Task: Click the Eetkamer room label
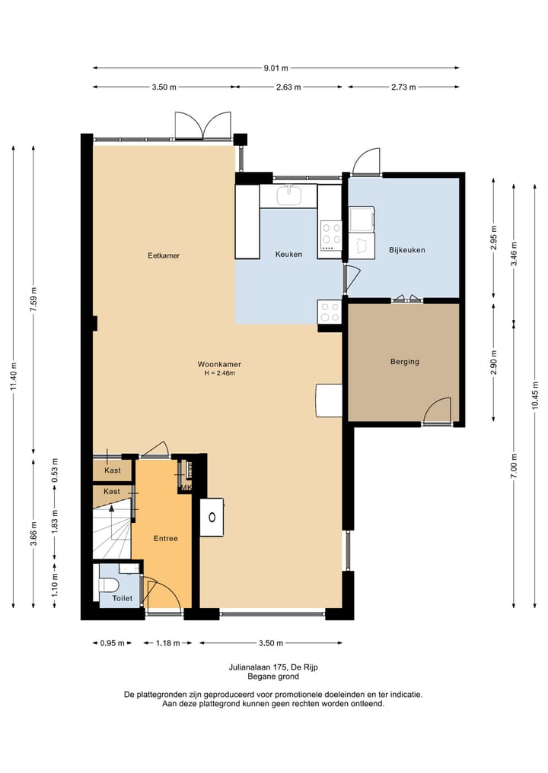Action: [x=164, y=255]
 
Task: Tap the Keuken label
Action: [x=288, y=255]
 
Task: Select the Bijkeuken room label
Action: [x=406, y=250]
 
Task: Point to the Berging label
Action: [x=405, y=361]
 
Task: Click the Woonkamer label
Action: [x=219, y=364]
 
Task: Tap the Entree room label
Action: [x=165, y=538]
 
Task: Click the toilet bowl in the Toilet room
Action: [x=109, y=585]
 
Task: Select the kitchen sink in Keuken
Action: [x=288, y=195]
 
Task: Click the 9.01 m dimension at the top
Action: [x=276, y=68]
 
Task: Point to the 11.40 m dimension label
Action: [x=14, y=377]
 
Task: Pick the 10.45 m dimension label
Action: [x=535, y=395]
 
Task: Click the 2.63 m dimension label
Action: [x=288, y=87]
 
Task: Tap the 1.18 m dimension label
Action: [x=168, y=643]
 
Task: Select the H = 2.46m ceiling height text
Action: [x=220, y=373]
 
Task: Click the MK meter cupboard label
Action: [x=186, y=487]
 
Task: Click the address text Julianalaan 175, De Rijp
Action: [x=273, y=667]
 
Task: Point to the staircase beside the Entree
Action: [x=112, y=531]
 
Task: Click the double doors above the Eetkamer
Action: [x=203, y=125]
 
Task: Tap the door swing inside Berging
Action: [x=437, y=410]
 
